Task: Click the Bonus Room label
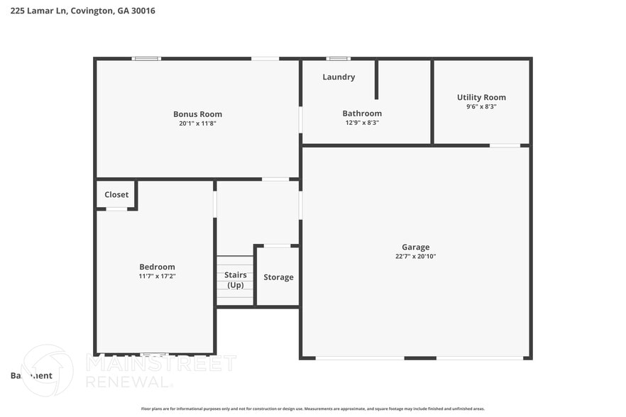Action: coord(197,114)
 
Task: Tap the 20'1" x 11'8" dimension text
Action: coord(197,123)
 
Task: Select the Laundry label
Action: coord(339,77)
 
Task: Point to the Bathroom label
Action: coord(362,113)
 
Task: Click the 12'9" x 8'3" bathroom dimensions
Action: coord(362,123)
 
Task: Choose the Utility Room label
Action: coord(481,98)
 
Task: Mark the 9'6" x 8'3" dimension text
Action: coord(481,106)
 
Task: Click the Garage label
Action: coord(415,248)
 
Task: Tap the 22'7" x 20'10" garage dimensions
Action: coord(415,257)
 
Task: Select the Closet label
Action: coord(116,195)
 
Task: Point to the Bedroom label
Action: coord(157,267)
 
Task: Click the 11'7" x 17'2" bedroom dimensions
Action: coord(157,277)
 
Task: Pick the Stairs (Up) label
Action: coord(235,279)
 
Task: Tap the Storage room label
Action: coord(278,277)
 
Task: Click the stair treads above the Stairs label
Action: coord(235,262)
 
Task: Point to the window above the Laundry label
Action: coord(338,58)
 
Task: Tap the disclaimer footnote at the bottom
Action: coord(312,408)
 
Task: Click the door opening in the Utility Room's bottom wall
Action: coord(505,145)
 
